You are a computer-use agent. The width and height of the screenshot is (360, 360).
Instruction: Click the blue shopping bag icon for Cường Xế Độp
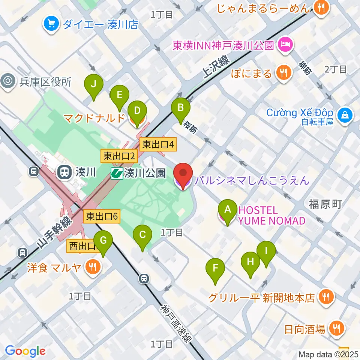coord(345,115)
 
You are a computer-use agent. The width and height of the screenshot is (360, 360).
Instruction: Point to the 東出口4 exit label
coord(157,144)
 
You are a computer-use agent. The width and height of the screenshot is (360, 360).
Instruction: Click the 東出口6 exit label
coord(102,216)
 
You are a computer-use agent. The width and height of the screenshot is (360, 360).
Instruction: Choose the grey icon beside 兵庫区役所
coord(7,81)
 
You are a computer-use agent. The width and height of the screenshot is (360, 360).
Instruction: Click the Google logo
coord(25,351)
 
